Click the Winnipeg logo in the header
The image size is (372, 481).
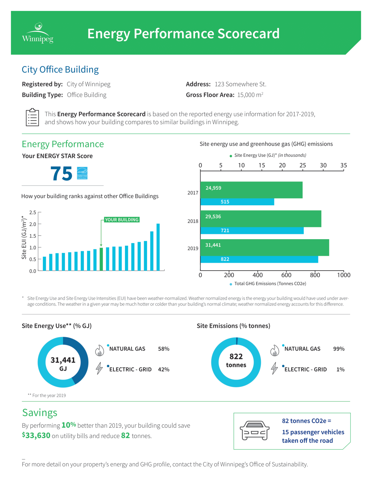point(38,33)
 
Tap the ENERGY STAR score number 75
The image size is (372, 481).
point(61,174)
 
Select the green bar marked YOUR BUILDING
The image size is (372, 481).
point(101,259)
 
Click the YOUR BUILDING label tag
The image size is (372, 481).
point(122,220)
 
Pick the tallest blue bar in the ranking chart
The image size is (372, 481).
point(158,247)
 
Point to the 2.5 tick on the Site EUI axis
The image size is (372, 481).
point(33,212)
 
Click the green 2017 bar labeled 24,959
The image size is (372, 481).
point(251,190)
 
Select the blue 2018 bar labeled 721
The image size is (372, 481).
point(252,231)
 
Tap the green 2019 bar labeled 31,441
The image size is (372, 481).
point(264,247)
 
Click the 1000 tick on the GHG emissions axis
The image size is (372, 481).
point(343,275)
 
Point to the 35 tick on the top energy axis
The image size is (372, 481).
point(343,165)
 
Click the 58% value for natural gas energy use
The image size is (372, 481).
point(164,349)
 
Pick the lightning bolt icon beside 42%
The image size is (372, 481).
point(99,368)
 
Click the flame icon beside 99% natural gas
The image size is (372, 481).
point(274,351)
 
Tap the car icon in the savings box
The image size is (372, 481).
point(254,430)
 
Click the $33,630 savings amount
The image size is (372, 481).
point(36,436)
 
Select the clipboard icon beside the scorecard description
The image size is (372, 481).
point(32,117)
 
